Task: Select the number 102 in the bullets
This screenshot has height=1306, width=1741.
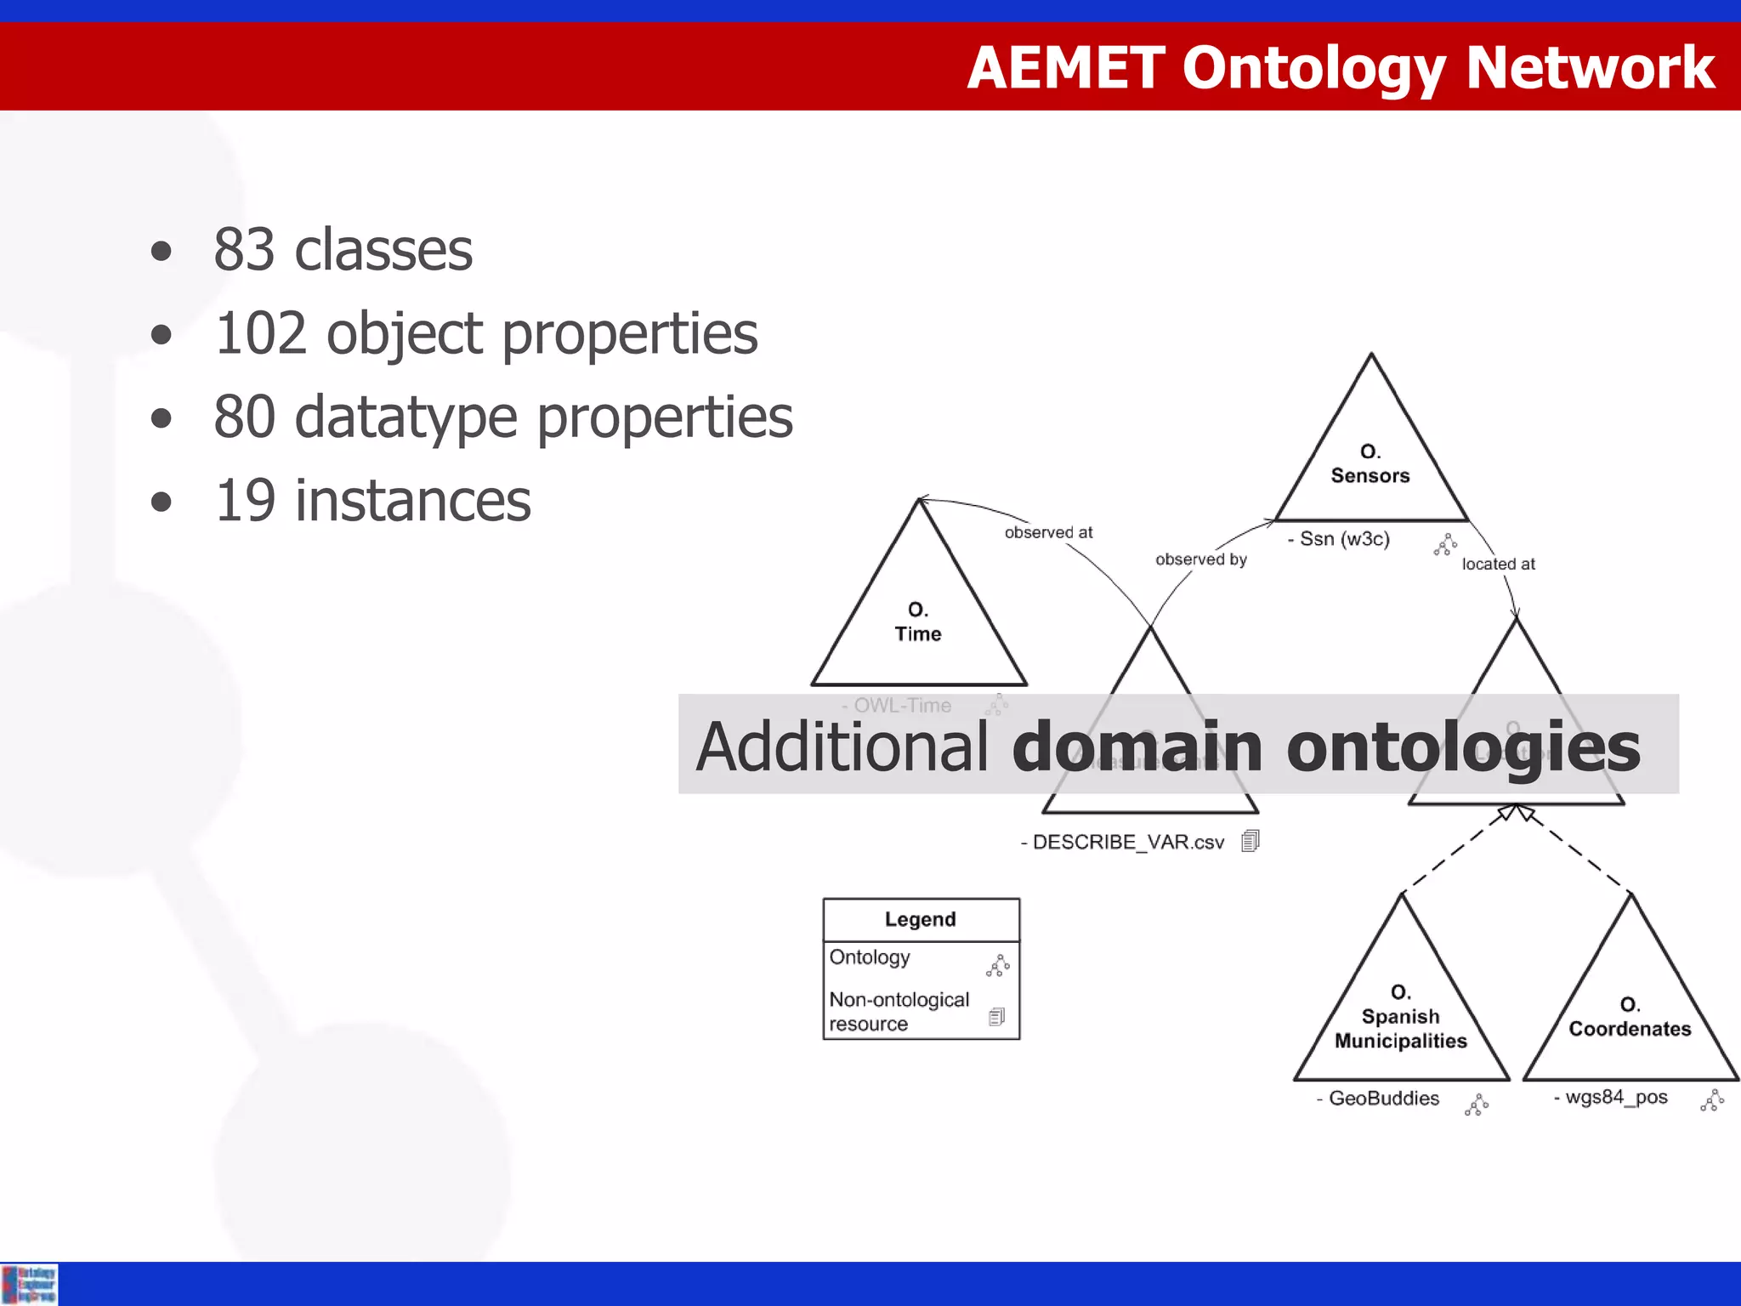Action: pyautogui.click(x=259, y=333)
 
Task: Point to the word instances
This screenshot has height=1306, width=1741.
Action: pyautogui.click(x=412, y=501)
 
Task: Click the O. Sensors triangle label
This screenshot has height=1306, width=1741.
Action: pyautogui.click(x=1370, y=464)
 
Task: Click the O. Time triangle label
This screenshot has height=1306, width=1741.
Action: pyautogui.click(x=918, y=622)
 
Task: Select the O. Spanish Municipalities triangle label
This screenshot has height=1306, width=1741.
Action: pyautogui.click(x=1400, y=1017)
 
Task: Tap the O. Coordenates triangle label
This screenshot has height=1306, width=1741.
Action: pyautogui.click(x=1630, y=1018)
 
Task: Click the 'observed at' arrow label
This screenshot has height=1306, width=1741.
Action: pyautogui.click(x=1048, y=533)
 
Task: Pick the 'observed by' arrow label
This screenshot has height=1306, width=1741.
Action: pyautogui.click(x=1200, y=559)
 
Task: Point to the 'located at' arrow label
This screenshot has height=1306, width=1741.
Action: pyautogui.click(x=1498, y=564)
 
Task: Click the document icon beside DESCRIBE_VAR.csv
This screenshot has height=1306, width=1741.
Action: pyautogui.click(x=1250, y=841)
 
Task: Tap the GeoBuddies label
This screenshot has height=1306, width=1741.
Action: pyautogui.click(x=1383, y=1099)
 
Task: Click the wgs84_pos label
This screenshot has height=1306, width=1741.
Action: pyautogui.click(x=1615, y=1098)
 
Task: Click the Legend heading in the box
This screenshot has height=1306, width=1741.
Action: pyautogui.click(x=920, y=920)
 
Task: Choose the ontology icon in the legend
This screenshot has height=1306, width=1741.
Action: pyautogui.click(x=997, y=965)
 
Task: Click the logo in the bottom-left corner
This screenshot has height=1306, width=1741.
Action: pyautogui.click(x=30, y=1284)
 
